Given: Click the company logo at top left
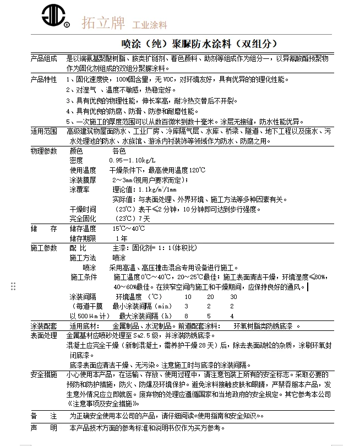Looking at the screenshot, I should click(56, 18).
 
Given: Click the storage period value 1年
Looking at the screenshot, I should click(122, 238).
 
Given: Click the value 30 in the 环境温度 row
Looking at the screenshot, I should click(233, 297).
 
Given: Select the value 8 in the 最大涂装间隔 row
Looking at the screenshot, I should click(187, 316).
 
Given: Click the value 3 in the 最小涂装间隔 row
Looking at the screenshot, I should click(187, 306).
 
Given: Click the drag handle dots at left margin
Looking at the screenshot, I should click(13, 286).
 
